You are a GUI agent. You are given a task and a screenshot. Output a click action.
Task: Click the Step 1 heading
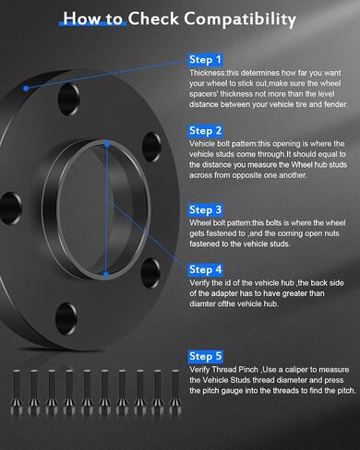click(205, 60)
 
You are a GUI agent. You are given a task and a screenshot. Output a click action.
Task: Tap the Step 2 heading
click(205, 131)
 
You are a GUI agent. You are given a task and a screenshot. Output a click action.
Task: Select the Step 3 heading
click(205, 209)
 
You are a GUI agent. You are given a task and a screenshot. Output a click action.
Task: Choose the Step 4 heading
click(205, 269)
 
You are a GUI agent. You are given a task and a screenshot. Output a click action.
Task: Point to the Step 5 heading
click(205, 356)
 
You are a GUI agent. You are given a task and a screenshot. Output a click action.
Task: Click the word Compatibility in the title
click(240, 19)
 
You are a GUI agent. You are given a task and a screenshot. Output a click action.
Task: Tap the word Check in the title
click(153, 18)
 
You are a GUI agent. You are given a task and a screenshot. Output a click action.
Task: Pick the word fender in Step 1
click(335, 104)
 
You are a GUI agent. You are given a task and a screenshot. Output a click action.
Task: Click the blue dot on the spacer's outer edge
click(26, 89)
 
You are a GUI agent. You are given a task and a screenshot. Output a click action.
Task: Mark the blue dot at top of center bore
click(107, 144)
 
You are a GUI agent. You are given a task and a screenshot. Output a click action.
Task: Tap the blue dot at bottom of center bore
click(106, 275)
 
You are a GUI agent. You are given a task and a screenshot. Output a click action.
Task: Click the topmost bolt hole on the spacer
click(69, 100)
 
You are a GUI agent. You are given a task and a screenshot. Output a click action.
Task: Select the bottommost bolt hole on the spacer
click(66, 319)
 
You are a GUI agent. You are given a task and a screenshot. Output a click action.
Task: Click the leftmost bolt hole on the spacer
click(10, 208)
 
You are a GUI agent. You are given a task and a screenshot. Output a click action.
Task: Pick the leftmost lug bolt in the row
click(17, 393)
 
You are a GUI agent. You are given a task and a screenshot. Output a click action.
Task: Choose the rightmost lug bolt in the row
click(175, 393)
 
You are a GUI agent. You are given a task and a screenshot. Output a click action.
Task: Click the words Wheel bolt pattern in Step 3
click(221, 223)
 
